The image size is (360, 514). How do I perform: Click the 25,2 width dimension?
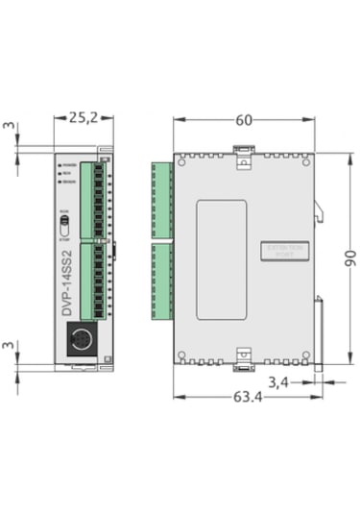pos(85,117)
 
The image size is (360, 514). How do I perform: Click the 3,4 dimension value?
pos(277,382)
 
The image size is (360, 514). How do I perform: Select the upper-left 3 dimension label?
pos(8,126)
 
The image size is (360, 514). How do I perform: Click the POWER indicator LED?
pos(60,164)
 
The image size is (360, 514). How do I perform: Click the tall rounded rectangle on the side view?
pos(221,259)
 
